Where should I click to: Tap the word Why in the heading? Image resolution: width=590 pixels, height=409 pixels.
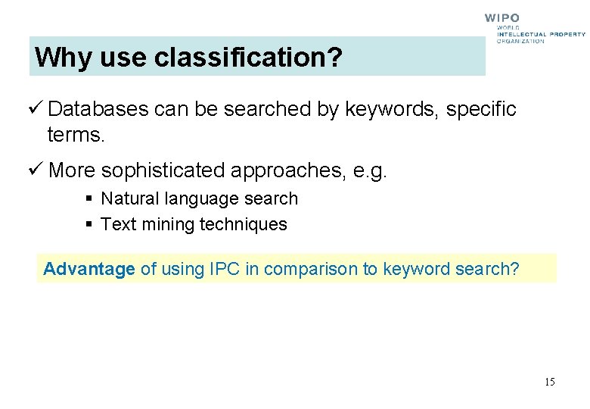[x=57, y=57]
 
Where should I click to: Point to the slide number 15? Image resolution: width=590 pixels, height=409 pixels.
[x=549, y=382]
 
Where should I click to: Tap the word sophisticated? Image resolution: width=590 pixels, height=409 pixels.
[x=162, y=170]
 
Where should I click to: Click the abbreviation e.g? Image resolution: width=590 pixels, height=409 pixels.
[x=370, y=170]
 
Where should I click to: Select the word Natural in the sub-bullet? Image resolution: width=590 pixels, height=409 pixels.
[x=126, y=198]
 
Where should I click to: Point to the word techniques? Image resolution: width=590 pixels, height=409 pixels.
[x=244, y=224]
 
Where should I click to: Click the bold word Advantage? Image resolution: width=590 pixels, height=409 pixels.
[x=89, y=269]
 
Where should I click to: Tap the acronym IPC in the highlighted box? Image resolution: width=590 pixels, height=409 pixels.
[x=222, y=269]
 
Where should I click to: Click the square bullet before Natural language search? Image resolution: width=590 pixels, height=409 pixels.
[x=89, y=199]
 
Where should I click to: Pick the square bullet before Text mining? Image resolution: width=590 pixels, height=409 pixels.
[x=89, y=225]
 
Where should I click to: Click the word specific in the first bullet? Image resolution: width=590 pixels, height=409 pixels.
[x=481, y=109]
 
